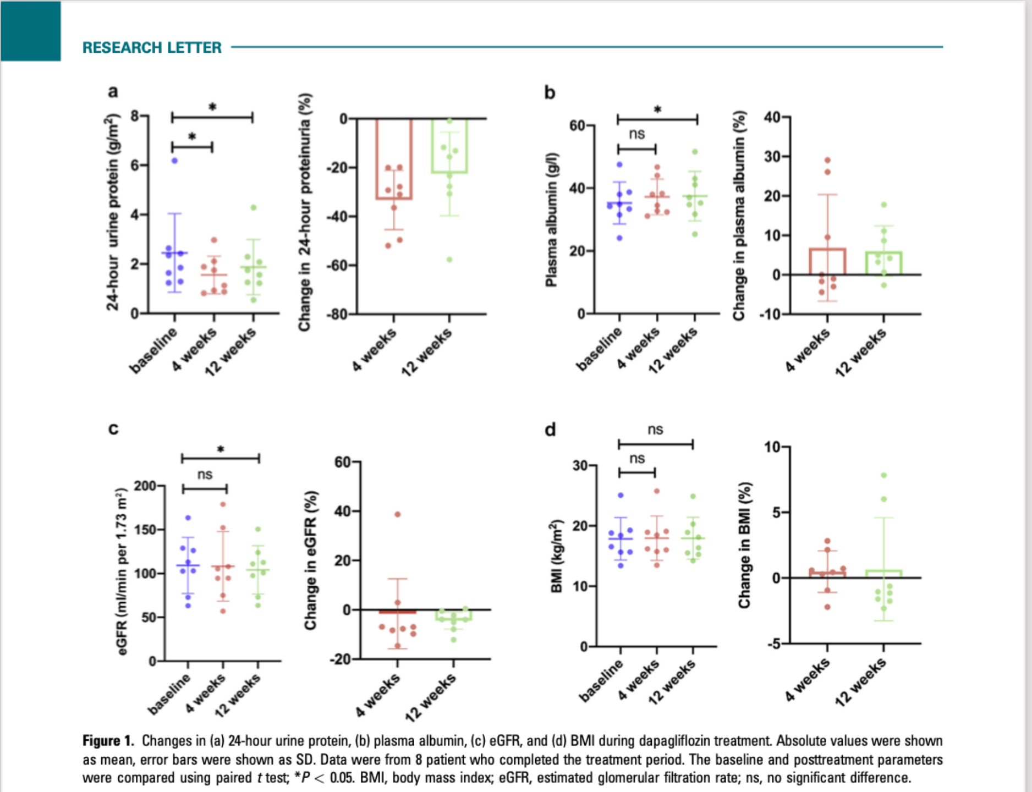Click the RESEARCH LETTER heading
pyautogui.click(x=152, y=48)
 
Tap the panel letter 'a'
pyautogui.click(x=113, y=91)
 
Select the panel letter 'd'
pyautogui.click(x=550, y=429)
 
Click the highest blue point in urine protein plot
pyautogui.click(x=174, y=161)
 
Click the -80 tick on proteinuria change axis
pyautogui.click(x=337, y=315)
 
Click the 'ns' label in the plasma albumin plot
pyautogui.click(x=636, y=134)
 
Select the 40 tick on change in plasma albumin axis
pyautogui.click(x=773, y=117)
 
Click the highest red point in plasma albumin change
pyautogui.click(x=827, y=161)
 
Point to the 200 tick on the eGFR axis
pyautogui.click(x=145, y=486)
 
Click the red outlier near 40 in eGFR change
pyautogui.click(x=398, y=514)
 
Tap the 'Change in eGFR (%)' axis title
pyautogui.click(x=311, y=560)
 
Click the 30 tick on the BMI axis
pyautogui.click(x=580, y=465)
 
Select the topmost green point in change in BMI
pyautogui.click(x=884, y=475)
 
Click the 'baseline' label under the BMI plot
pyautogui.click(x=601, y=680)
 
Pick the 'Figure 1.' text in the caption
pyautogui.click(x=108, y=741)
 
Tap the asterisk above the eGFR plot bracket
pyautogui.click(x=221, y=449)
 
